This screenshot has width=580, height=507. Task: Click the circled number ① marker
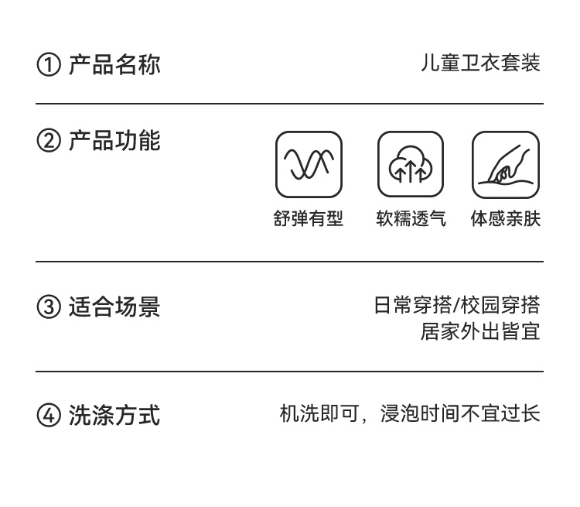48,65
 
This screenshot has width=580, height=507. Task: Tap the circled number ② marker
48,142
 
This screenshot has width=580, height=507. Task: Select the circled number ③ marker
48,307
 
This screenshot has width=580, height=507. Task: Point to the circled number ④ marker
48,416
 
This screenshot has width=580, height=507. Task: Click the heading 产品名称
114,64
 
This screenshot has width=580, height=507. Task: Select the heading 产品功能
114,141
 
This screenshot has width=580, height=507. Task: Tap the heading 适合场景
114,307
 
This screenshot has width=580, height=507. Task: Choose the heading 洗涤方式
114,415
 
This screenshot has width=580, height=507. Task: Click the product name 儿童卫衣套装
480,63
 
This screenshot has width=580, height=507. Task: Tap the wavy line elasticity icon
309,164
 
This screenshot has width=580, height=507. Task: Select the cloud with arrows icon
411,164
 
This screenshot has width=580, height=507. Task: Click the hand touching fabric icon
506,164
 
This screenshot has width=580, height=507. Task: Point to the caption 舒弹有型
309,219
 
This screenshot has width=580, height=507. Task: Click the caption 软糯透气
411,219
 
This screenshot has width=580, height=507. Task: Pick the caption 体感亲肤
506,219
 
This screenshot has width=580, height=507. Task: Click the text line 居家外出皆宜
480,331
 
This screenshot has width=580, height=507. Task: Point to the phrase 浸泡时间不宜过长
460,414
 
